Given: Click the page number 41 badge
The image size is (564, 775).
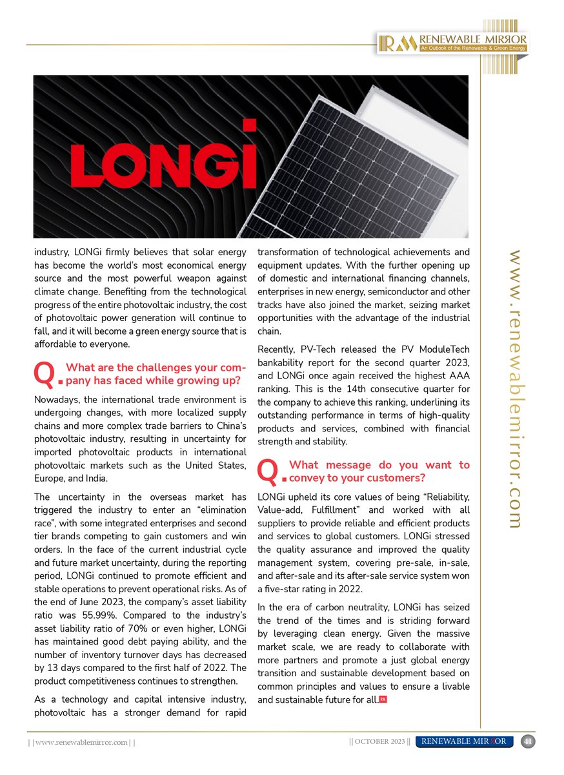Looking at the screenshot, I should click(x=527, y=741).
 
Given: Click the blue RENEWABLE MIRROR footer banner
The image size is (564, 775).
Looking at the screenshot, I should click(x=465, y=741).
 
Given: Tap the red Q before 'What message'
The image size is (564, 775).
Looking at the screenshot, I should click(x=268, y=472).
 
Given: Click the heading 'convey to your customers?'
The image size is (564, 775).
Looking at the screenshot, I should click(x=358, y=478).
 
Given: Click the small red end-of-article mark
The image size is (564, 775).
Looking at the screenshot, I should click(x=383, y=699).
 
